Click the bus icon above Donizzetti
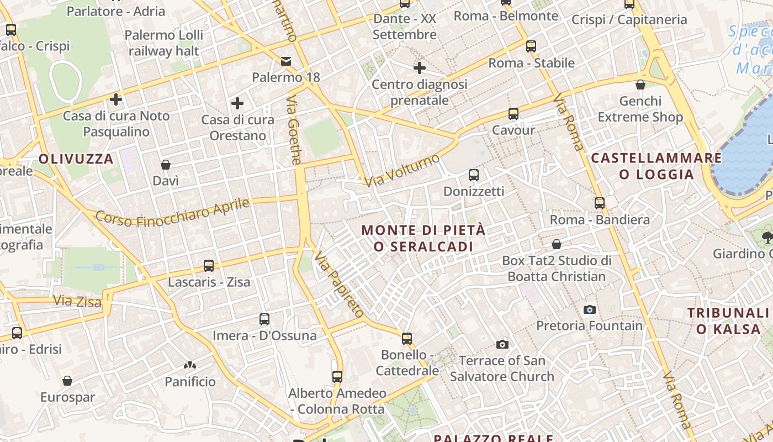473,175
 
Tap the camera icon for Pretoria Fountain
590,309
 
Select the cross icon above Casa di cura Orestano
237,103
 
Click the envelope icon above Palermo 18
286,61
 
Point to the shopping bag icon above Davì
165,165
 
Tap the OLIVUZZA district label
76,159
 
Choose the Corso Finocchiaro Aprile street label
172,212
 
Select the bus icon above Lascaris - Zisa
209,266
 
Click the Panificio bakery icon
190,365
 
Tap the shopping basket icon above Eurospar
67,381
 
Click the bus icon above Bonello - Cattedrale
407,338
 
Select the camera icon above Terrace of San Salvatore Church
502,345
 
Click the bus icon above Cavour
513,114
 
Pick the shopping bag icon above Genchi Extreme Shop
640,85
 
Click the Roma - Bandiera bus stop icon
600,203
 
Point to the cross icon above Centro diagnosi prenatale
420,68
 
